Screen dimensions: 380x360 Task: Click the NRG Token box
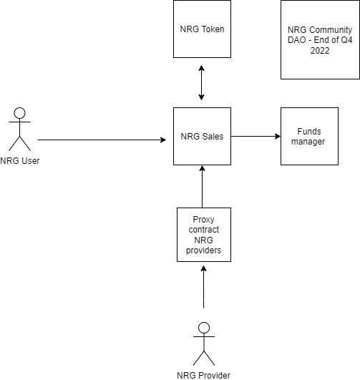pos(202,29)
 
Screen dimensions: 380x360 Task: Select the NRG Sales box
pos(202,136)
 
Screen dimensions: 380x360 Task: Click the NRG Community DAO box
pos(319,40)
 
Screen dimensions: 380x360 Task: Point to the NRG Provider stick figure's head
pos(203,328)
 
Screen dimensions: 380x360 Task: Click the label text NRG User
pos(20,160)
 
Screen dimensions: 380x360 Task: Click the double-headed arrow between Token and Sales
pos(202,82)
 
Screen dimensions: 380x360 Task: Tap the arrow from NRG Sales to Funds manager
pos(255,136)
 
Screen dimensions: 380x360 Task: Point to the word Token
pos(213,29)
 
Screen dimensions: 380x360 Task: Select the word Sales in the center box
pos(214,136)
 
